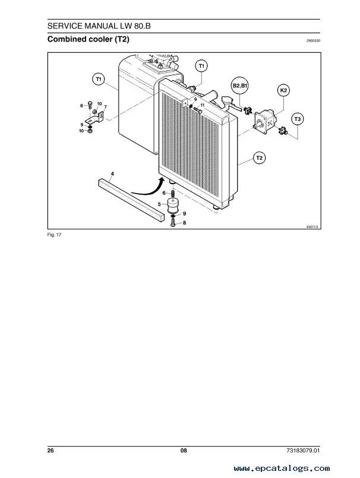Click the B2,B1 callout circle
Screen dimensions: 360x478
240,86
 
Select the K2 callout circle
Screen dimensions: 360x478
283,90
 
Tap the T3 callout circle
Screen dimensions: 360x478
298,119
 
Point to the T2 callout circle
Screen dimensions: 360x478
259,158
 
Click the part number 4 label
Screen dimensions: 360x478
112,174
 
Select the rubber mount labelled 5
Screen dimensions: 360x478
173,205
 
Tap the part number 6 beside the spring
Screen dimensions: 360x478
164,193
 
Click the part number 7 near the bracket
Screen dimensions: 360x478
105,107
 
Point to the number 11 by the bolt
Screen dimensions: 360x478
202,105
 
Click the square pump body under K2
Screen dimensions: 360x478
264,122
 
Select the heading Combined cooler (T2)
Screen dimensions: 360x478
88,39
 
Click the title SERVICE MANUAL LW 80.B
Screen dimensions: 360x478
99,26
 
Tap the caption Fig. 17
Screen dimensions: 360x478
54,235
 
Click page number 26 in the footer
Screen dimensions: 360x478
50,450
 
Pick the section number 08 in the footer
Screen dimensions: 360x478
184,450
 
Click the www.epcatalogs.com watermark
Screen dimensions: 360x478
282,468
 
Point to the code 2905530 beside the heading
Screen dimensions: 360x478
313,40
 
